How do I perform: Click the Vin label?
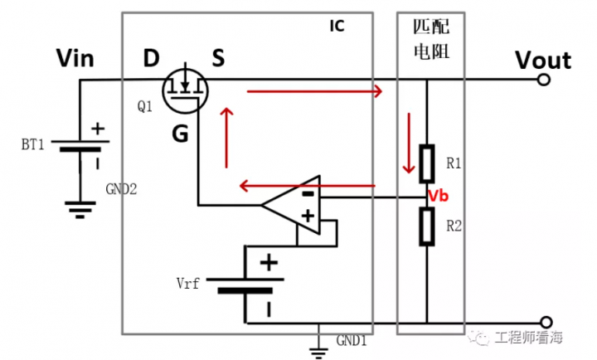(x=75, y=59)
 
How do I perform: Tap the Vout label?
(x=542, y=60)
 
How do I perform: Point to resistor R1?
(x=428, y=163)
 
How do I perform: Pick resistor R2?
(x=428, y=226)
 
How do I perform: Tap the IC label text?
(x=337, y=26)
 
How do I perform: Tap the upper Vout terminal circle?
(x=545, y=80)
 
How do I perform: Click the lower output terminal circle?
(x=545, y=322)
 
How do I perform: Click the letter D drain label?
(x=151, y=59)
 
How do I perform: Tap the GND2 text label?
(x=122, y=189)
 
